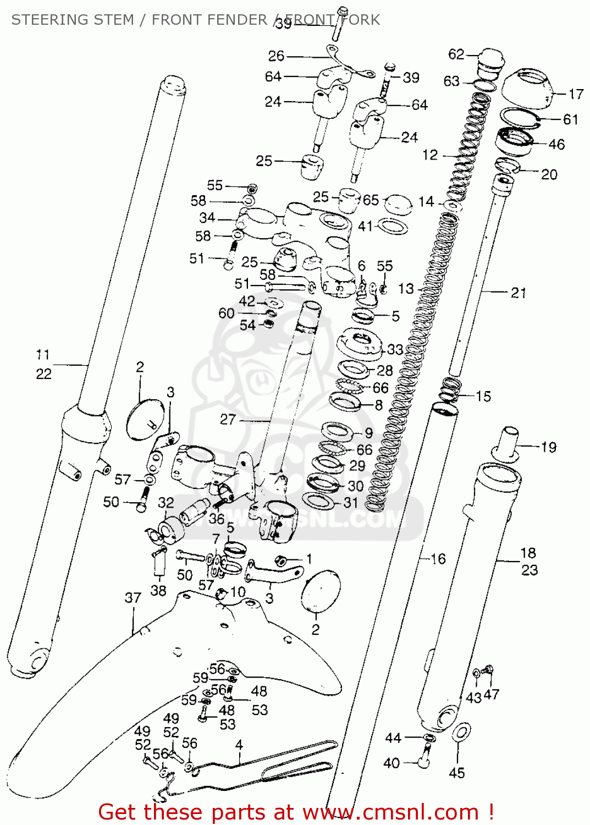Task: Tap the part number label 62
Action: click(456, 54)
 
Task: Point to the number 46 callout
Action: click(556, 145)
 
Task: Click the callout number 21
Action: click(519, 293)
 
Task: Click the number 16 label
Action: click(438, 559)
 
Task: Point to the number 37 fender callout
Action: click(133, 598)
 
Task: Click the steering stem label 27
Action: click(228, 420)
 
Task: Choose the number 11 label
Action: click(43, 355)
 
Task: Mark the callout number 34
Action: click(207, 218)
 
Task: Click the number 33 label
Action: click(395, 349)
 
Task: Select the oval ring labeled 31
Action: click(318, 501)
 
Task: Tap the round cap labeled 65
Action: click(398, 205)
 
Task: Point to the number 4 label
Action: click(239, 745)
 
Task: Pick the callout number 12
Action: click(430, 155)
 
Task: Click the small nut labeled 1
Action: click(280, 560)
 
